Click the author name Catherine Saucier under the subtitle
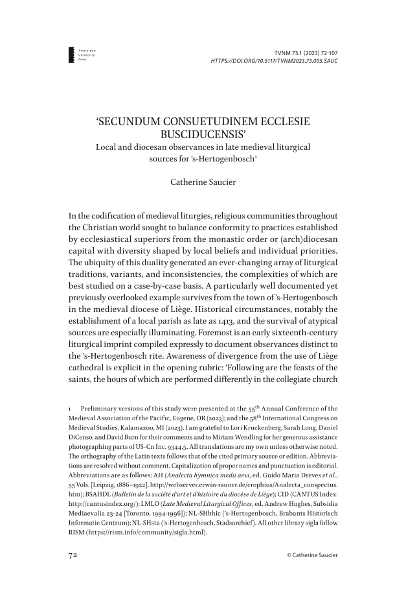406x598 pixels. click(x=203, y=184)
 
